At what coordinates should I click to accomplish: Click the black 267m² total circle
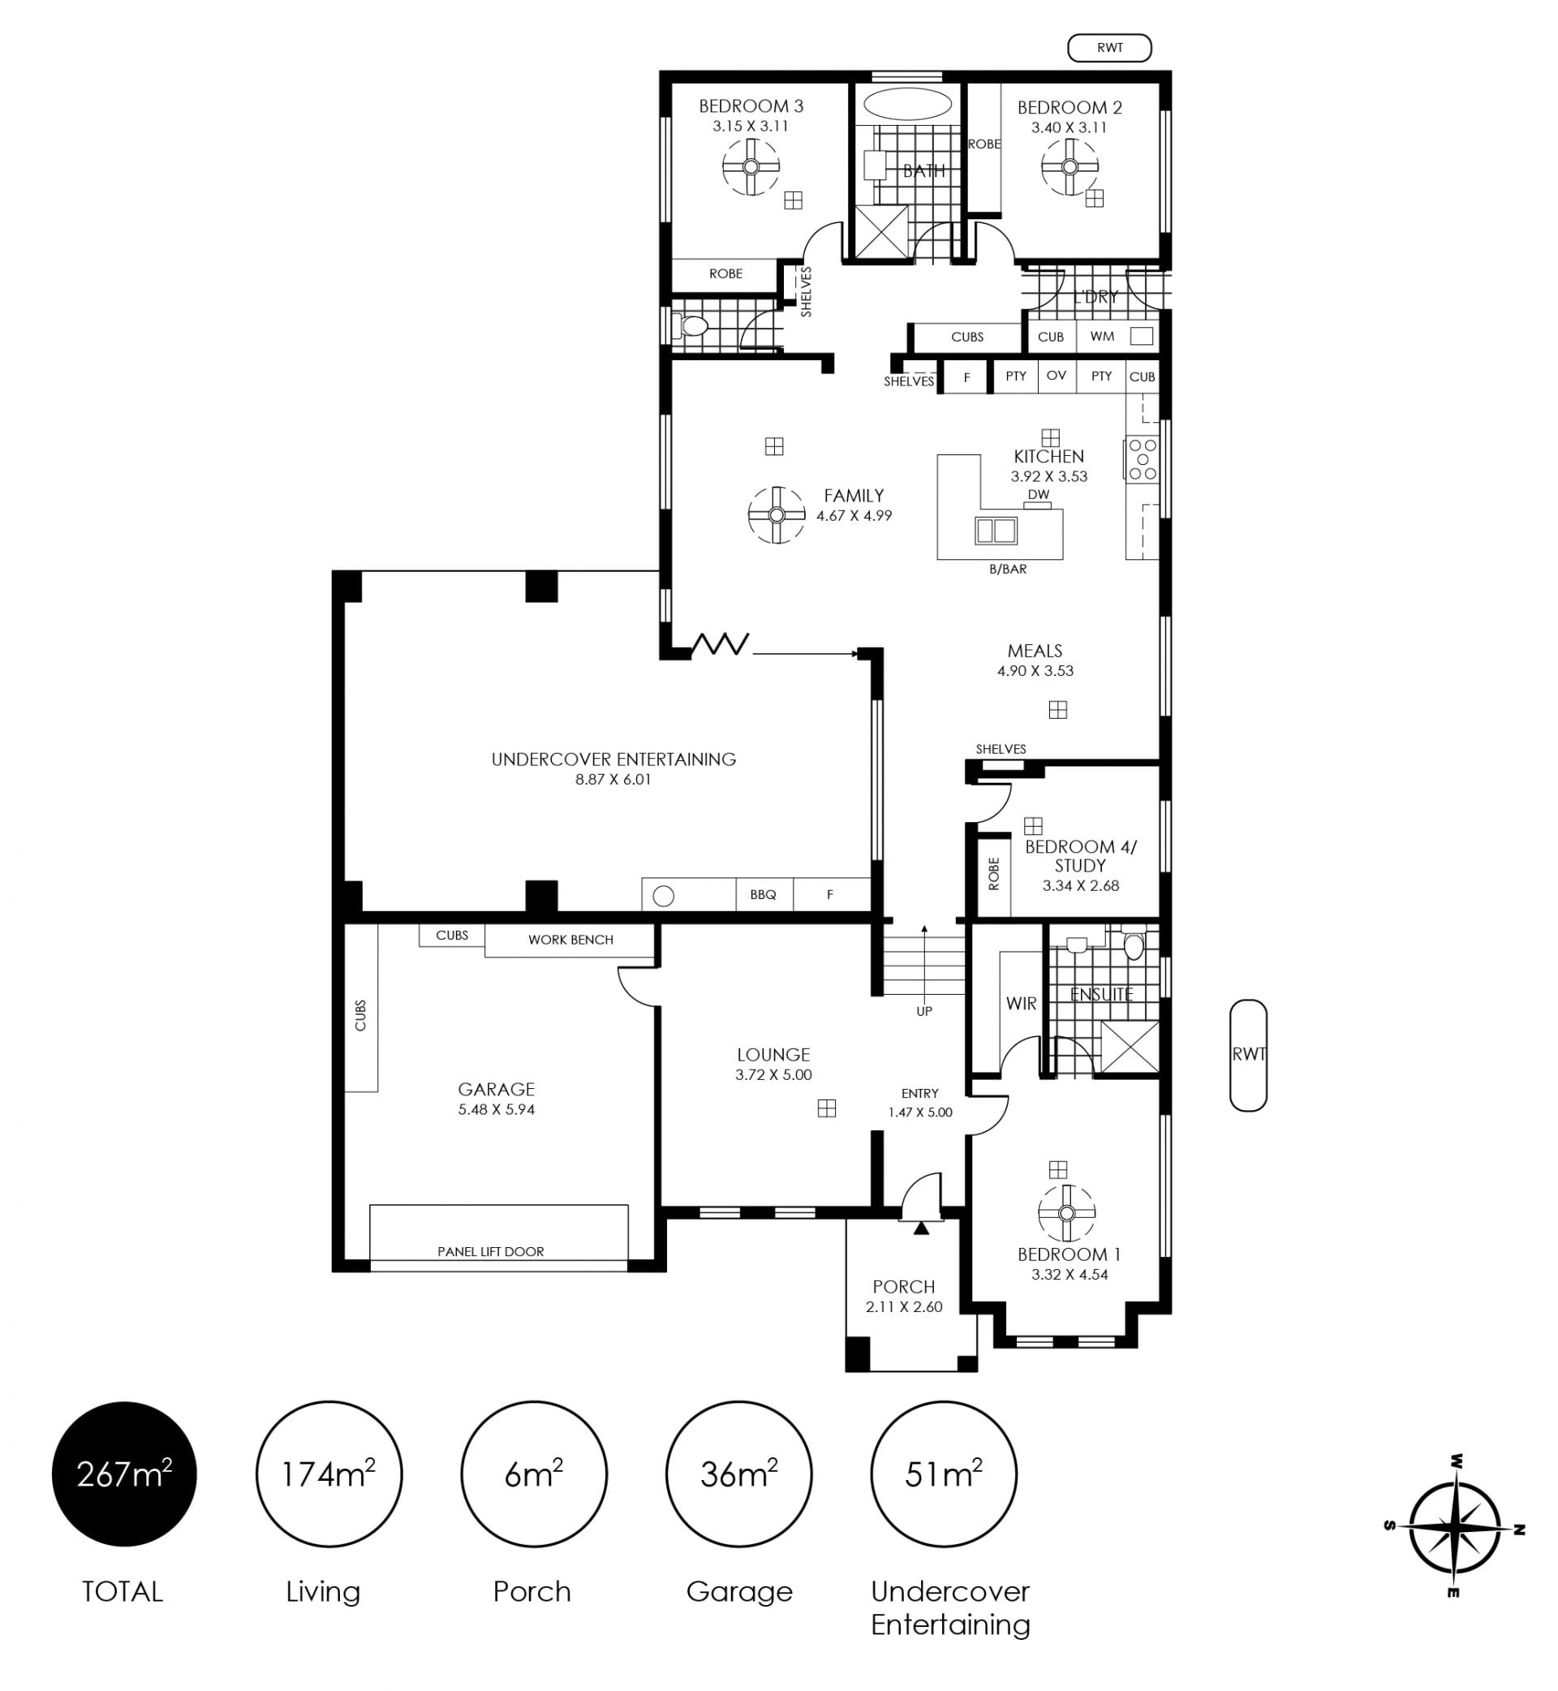click(x=124, y=1474)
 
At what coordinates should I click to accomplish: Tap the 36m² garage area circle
click(x=738, y=1474)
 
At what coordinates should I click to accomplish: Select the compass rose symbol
click(x=1454, y=1526)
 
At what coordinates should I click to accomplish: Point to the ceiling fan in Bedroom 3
click(x=751, y=167)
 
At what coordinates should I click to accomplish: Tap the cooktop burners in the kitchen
click(x=1143, y=459)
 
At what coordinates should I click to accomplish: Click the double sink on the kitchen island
click(x=996, y=530)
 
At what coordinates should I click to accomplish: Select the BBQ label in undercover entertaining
click(x=763, y=894)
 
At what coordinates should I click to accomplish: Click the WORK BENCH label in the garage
click(x=570, y=940)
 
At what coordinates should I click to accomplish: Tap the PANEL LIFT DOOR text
click(x=491, y=1252)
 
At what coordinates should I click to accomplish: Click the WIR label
click(x=1021, y=1003)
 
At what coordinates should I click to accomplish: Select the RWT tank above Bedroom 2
click(x=1109, y=48)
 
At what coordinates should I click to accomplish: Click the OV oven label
click(x=1057, y=375)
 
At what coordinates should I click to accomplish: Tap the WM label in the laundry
click(x=1102, y=337)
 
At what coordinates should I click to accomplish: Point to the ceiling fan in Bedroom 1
click(x=1066, y=1213)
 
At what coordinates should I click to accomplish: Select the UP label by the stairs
click(x=924, y=1012)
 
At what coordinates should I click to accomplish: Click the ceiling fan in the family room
click(x=777, y=515)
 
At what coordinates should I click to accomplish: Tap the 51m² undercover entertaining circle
click(x=944, y=1474)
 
